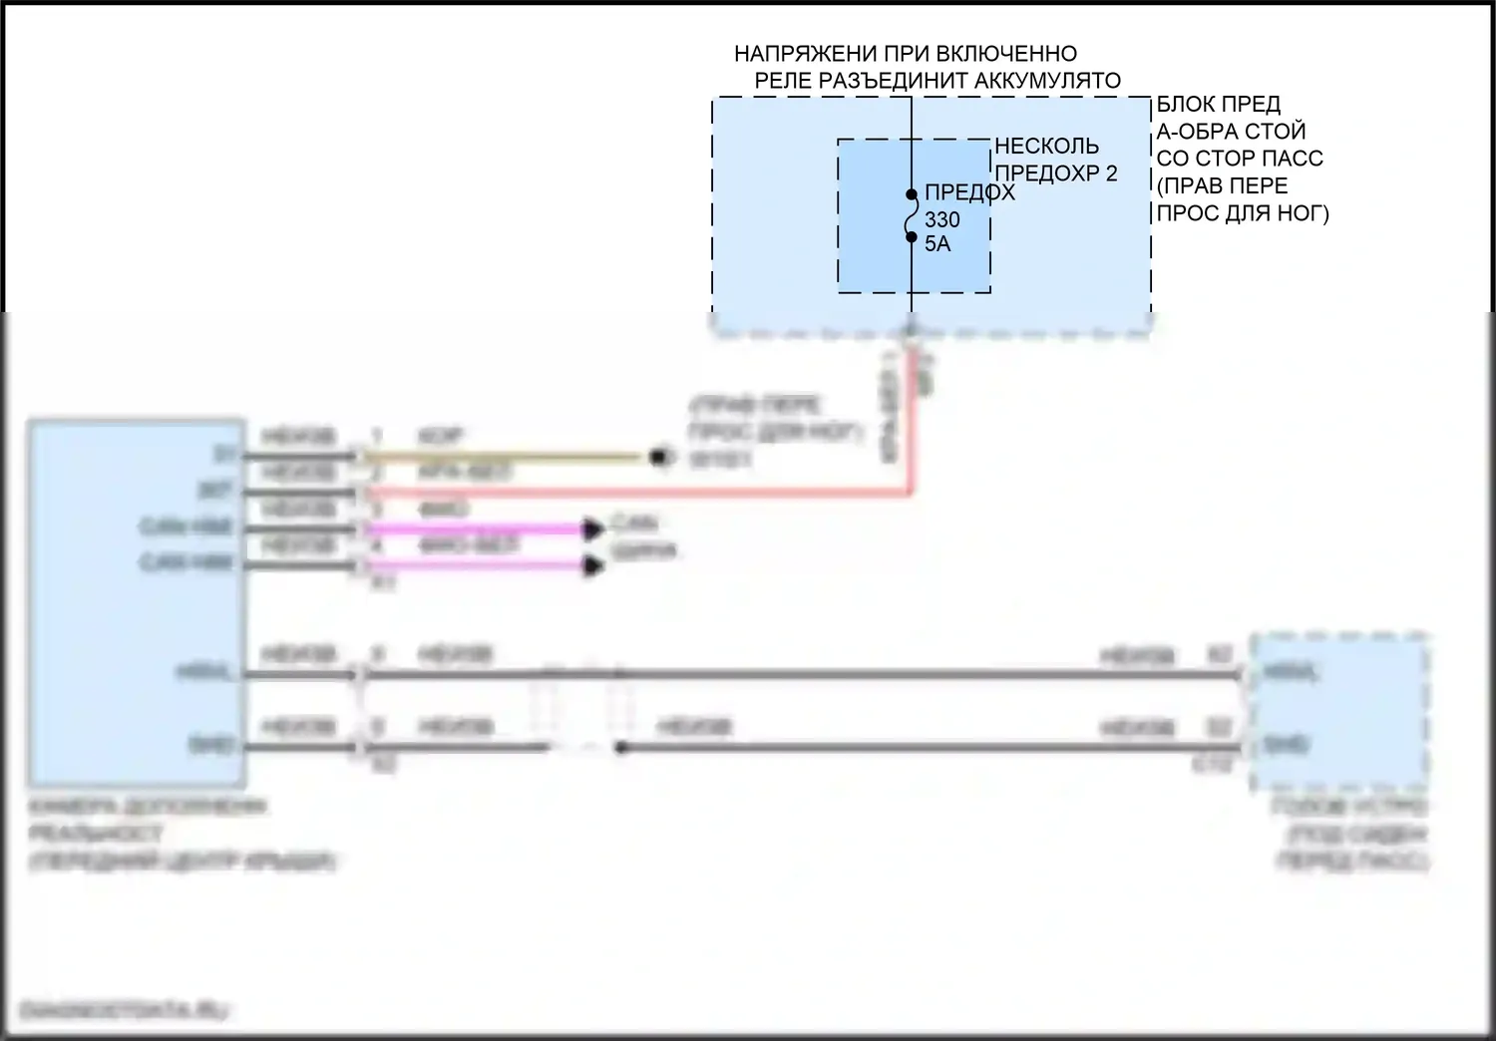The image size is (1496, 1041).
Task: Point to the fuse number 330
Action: click(x=941, y=220)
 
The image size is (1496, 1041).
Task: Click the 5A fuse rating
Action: click(x=937, y=243)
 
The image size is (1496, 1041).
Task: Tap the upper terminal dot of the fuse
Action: click(x=912, y=194)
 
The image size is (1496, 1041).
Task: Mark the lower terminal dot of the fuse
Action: click(x=912, y=236)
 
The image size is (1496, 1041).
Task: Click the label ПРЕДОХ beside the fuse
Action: click(x=969, y=193)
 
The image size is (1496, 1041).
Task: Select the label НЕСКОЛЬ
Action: click(x=1046, y=147)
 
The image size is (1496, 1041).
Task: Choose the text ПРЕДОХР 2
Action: click(x=1056, y=173)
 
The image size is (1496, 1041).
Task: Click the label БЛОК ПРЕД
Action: click(x=1218, y=105)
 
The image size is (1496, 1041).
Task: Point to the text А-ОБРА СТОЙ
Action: click(x=1231, y=132)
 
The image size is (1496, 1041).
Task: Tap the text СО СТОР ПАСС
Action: click(x=1240, y=159)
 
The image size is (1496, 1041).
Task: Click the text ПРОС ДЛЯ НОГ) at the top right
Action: click(x=1243, y=212)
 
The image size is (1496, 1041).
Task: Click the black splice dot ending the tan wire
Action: click(x=657, y=458)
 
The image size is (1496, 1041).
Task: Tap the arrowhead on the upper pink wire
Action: click(x=594, y=528)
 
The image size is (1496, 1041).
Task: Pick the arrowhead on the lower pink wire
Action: click(x=594, y=566)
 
